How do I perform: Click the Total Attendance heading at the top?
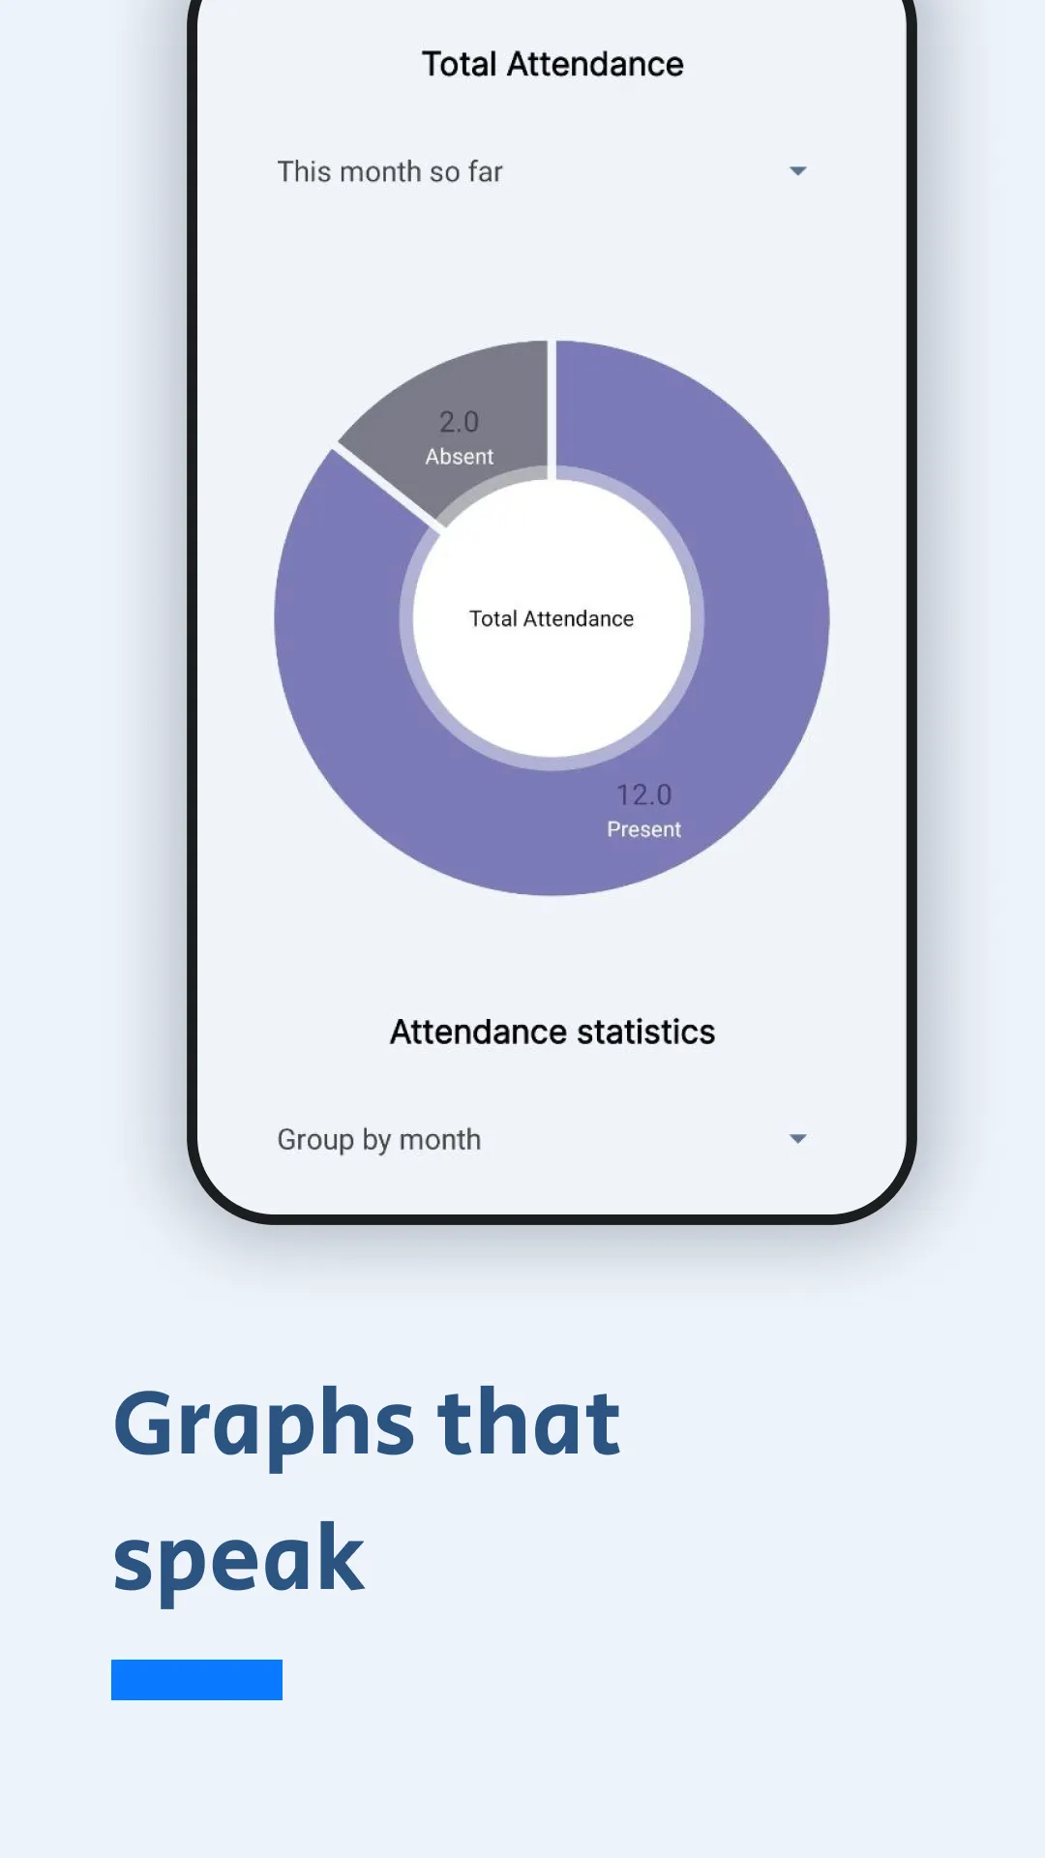coord(552,64)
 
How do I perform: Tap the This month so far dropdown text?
coord(390,171)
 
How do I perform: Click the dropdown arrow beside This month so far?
coord(797,171)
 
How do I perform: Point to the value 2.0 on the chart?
coord(459,422)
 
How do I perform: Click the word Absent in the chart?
coord(459,457)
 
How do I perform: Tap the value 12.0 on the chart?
coord(643,794)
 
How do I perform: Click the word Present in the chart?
coord(643,829)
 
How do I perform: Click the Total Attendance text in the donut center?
coord(552,618)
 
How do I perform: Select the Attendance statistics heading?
coord(552,1032)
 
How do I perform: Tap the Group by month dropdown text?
coord(379,1140)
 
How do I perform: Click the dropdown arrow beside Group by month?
coord(797,1139)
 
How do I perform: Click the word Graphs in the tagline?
coord(264,1424)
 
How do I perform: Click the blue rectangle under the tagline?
coord(196,1680)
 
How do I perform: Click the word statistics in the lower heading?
coord(646,1032)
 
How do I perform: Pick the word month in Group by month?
coord(440,1140)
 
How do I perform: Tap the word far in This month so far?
coord(485,171)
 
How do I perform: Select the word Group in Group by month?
coord(315,1140)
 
